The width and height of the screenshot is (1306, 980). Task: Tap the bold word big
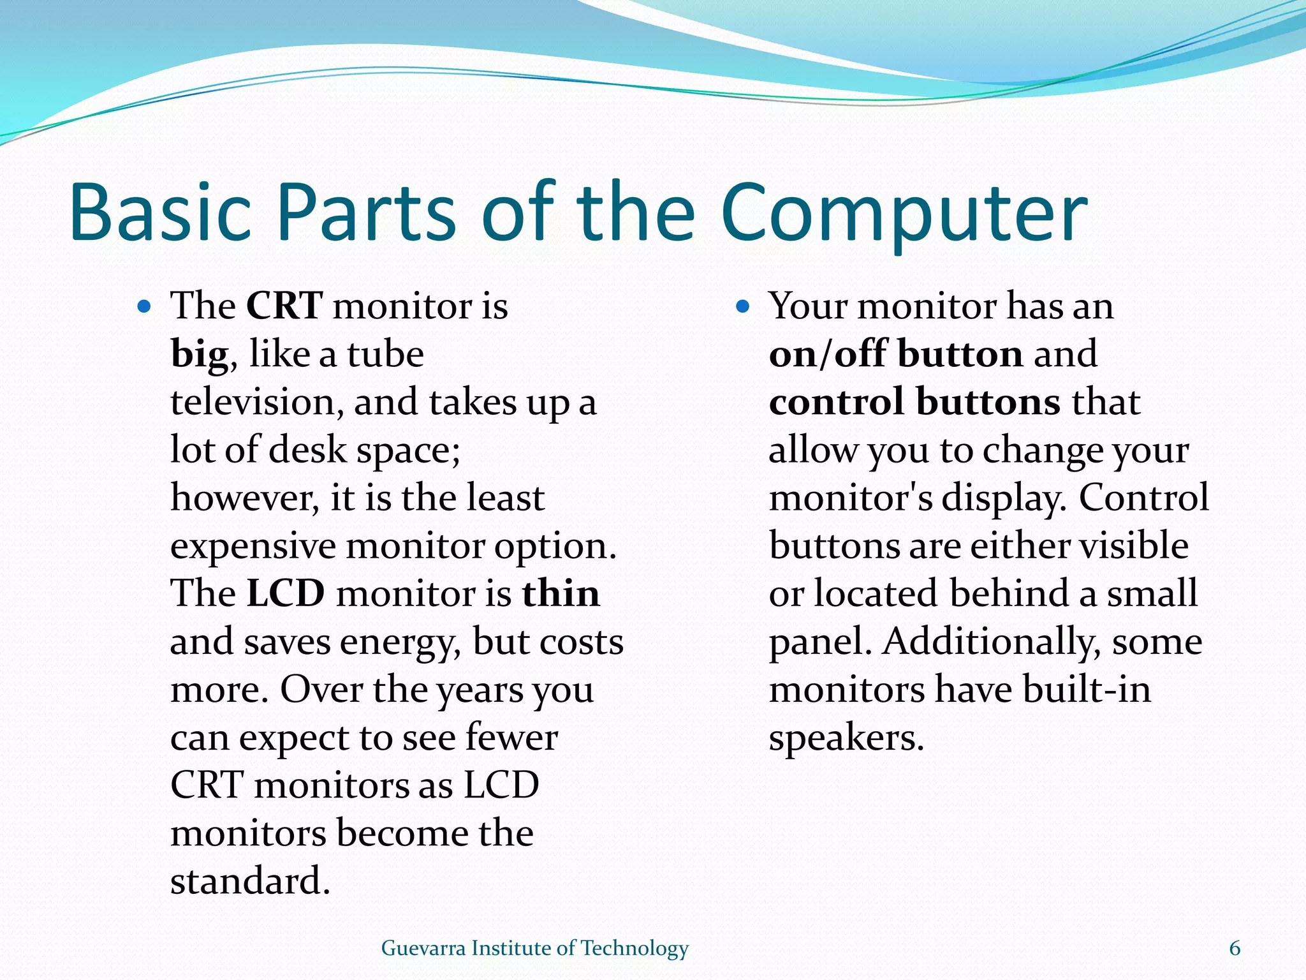pos(199,355)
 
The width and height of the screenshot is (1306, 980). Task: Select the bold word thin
pos(561,594)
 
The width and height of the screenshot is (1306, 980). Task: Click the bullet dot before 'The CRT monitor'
pos(144,307)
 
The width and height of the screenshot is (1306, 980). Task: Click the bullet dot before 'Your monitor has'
pos(742,307)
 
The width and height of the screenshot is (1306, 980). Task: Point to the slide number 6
pos(1235,948)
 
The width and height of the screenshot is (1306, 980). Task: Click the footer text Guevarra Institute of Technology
pos(534,948)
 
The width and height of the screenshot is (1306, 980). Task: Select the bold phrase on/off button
pos(895,354)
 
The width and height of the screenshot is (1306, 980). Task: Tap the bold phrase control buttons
pos(914,402)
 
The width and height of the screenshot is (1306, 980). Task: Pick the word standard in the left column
pos(250,882)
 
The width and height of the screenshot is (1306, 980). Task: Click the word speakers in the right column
pos(846,739)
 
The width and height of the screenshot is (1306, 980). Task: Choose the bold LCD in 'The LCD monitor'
pos(286,594)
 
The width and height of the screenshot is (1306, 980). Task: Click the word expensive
pos(253,547)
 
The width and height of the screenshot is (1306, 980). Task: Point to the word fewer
pos(511,738)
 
